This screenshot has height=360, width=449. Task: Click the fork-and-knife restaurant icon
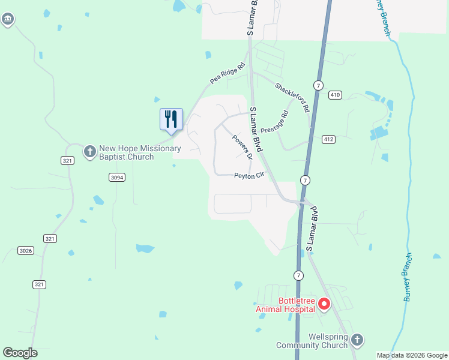[171, 119]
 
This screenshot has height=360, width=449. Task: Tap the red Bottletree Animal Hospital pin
[324, 305]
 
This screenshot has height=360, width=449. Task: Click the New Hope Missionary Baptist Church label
[131, 152]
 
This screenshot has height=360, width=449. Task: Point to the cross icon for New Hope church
[89, 152]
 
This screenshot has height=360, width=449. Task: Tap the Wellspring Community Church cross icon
[357, 340]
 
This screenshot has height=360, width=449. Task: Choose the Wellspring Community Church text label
[312, 341]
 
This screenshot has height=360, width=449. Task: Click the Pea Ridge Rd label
[228, 73]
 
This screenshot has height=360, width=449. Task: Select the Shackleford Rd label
[292, 97]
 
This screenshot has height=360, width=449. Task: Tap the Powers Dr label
[243, 146]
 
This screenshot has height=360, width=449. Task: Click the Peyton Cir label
[249, 176]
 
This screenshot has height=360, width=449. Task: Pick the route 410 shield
[335, 95]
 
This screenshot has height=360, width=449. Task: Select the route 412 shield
[328, 139]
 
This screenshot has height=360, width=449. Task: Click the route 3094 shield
[117, 177]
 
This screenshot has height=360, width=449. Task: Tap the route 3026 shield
[26, 250]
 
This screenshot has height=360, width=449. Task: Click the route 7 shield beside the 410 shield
[318, 85]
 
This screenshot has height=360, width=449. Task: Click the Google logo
[20, 352]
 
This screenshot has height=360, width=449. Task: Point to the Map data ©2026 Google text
[412, 355]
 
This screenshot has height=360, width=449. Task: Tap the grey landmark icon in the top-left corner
[8, 20]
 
